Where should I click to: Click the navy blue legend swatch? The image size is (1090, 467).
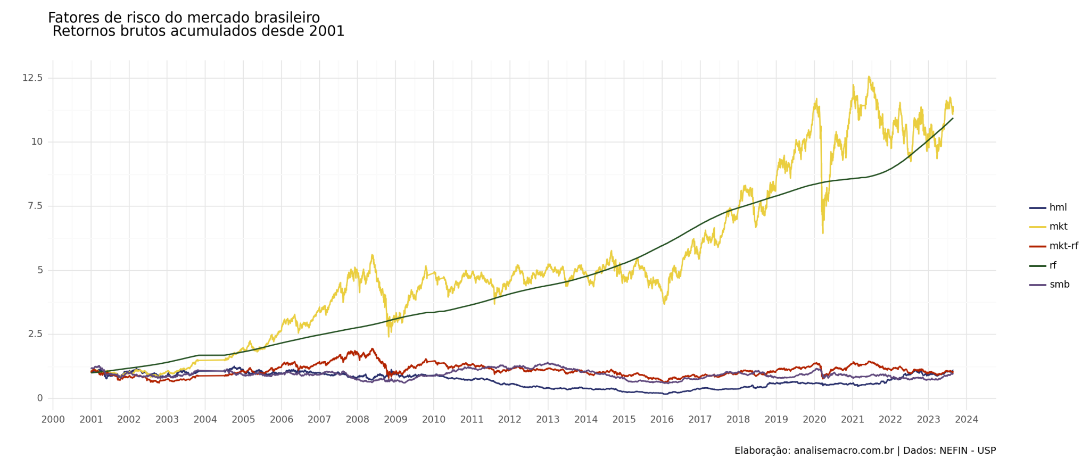click(x=1038, y=208)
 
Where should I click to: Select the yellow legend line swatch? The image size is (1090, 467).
click(x=1038, y=227)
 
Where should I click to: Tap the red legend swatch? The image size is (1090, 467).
click(x=1038, y=246)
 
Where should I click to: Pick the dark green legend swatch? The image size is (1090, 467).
click(x=1038, y=266)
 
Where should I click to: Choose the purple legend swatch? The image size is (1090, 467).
click(x=1038, y=285)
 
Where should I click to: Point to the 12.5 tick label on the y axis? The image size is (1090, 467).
click(x=32, y=78)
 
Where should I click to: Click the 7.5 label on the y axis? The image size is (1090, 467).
click(x=35, y=206)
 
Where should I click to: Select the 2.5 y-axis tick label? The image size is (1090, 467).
click(x=35, y=334)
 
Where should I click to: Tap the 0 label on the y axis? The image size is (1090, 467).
click(x=40, y=398)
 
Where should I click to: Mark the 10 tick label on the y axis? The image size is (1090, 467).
click(x=37, y=142)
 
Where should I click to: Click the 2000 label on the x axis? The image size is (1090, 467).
click(x=53, y=420)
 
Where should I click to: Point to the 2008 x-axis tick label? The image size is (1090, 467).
click(x=358, y=420)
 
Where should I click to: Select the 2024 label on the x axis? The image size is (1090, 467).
click(x=967, y=420)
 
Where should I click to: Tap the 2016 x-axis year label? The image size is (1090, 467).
click(x=662, y=420)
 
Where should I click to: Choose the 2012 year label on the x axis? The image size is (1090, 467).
click(x=510, y=420)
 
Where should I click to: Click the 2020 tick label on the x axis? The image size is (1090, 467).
click(x=814, y=420)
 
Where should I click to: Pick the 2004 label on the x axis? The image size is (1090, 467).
click(x=205, y=420)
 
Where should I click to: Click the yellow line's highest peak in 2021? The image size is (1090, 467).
click(x=869, y=77)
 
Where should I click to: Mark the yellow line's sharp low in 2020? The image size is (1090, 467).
click(x=823, y=233)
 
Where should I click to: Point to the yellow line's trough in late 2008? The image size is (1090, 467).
click(x=389, y=336)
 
